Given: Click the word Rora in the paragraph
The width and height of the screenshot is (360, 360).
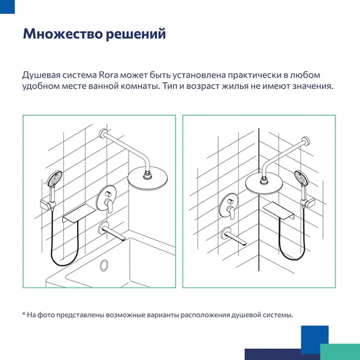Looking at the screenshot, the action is (108, 75).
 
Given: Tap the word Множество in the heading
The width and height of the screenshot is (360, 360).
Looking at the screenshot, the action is (62, 34).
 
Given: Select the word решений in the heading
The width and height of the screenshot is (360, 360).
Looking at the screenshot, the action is (136, 34).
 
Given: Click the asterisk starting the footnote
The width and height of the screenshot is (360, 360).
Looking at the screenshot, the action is (24, 314).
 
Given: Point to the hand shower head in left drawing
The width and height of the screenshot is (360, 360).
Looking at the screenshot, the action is (54, 178).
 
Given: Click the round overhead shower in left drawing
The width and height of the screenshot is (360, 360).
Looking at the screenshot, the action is (147, 179).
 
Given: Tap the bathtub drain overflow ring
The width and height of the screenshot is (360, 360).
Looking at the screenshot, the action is (104, 266).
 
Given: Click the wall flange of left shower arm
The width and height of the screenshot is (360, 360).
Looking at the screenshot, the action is (103, 134).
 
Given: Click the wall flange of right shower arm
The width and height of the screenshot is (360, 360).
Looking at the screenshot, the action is (306, 141).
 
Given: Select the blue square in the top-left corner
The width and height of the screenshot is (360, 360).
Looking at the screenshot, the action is (7, 6).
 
